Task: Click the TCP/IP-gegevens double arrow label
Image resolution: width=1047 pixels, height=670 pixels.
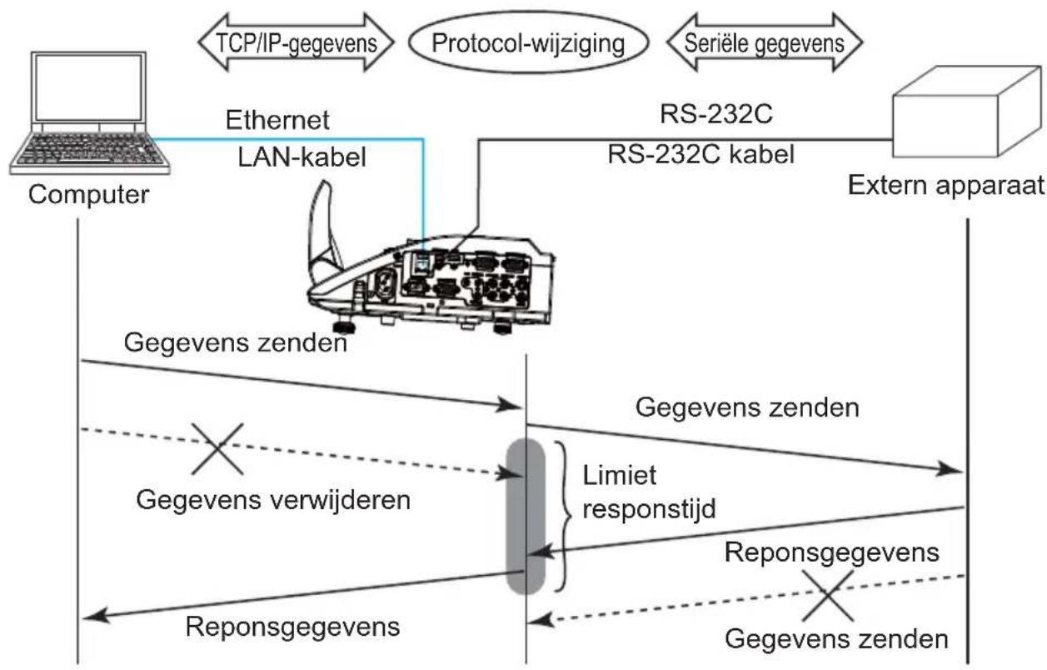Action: click(x=297, y=43)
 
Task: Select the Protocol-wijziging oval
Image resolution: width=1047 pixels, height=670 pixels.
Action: click(x=529, y=43)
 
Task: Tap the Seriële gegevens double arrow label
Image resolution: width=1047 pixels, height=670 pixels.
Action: click(x=765, y=43)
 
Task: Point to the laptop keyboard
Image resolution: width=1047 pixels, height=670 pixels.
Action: click(x=90, y=148)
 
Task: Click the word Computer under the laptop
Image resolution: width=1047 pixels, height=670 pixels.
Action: click(x=89, y=194)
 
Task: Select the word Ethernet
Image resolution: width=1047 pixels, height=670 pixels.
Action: click(x=277, y=120)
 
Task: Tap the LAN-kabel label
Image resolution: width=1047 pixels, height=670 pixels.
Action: click(x=302, y=157)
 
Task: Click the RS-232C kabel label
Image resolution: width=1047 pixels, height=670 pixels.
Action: click(x=700, y=154)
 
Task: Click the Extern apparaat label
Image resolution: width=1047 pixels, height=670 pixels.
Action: click(x=946, y=186)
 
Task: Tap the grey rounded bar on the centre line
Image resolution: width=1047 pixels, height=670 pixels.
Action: click(x=526, y=516)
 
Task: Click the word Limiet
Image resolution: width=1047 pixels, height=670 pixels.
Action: click(x=620, y=476)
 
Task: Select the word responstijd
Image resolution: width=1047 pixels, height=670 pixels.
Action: click(x=649, y=509)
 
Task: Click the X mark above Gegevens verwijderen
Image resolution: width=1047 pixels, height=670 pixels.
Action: click(x=217, y=449)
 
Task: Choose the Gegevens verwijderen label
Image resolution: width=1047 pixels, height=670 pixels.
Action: click(x=273, y=500)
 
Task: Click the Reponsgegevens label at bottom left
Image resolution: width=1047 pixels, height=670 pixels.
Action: click(x=292, y=627)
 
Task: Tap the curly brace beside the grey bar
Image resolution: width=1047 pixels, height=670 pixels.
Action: click(x=563, y=516)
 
